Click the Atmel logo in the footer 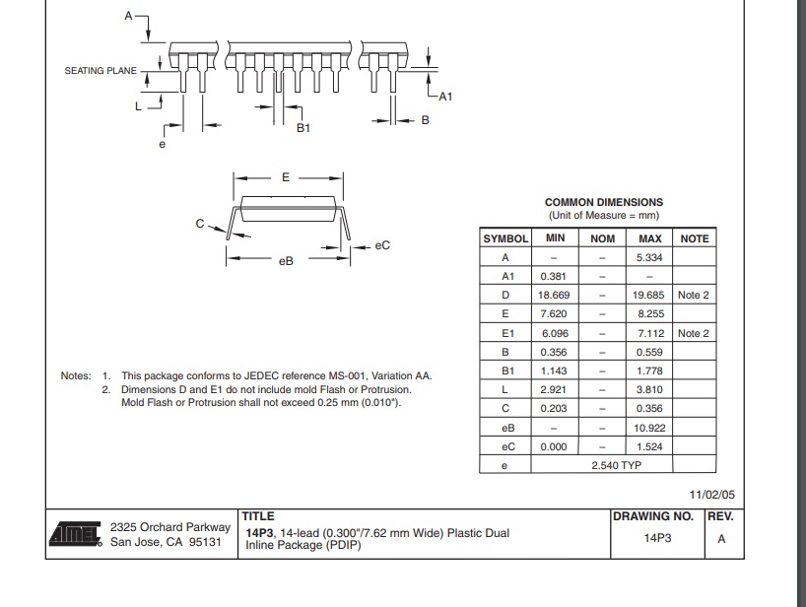(x=75, y=534)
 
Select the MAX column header (x=650, y=238)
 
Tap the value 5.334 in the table (x=650, y=257)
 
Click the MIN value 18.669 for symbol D (x=555, y=295)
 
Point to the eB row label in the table (x=504, y=428)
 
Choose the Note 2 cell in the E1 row (x=694, y=333)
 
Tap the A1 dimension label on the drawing (x=444, y=96)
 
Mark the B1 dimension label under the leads (x=303, y=128)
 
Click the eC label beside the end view (x=382, y=244)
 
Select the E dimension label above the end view (x=286, y=177)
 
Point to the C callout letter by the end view (x=198, y=224)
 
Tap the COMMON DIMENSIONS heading (x=603, y=202)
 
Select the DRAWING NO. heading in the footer (x=653, y=516)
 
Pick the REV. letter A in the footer (x=721, y=539)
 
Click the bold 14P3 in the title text (x=260, y=533)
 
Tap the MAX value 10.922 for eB (x=650, y=428)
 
